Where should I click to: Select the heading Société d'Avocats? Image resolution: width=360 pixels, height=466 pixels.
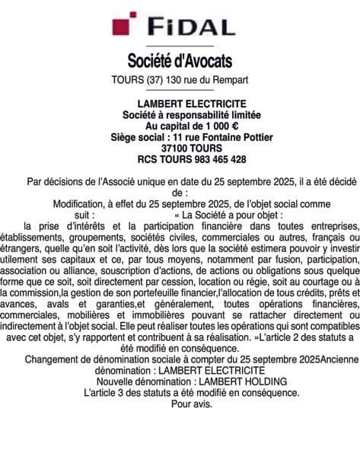tap(180, 60)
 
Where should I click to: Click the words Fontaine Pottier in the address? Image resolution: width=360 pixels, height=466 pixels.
tap(220, 137)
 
